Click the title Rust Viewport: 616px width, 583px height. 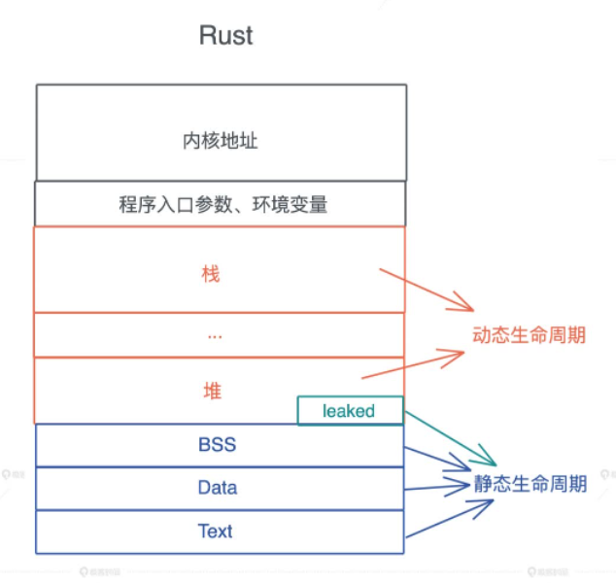(x=225, y=36)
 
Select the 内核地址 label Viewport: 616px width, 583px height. (x=220, y=141)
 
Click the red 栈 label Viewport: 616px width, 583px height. (x=212, y=274)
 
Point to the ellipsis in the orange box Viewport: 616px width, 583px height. (x=215, y=335)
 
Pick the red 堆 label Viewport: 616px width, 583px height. (x=212, y=391)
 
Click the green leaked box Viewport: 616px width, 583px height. (x=349, y=411)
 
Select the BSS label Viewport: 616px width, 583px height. (x=217, y=446)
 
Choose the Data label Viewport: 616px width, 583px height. (x=217, y=488)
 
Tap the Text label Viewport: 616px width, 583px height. (x=216, y=531)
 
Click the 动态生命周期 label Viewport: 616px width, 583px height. (x=529, y=335)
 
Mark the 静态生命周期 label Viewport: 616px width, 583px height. (x=530, y=483)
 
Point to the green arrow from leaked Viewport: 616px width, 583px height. (x=449, y=436)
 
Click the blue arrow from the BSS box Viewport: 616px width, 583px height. (x=436, y=462)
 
